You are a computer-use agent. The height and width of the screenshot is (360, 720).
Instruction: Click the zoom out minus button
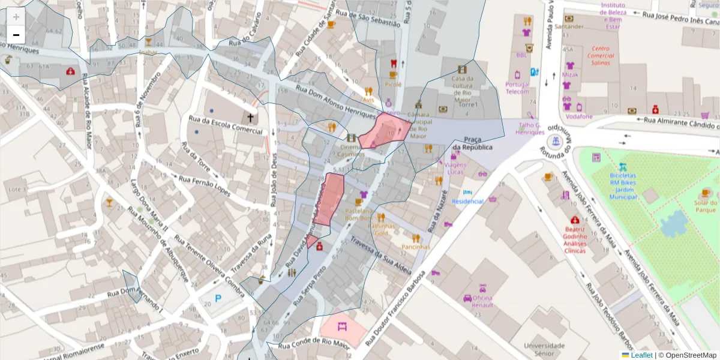click(16, 35)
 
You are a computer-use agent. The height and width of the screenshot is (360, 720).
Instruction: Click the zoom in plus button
click(16, 17)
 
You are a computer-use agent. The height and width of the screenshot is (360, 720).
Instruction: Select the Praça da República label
click(473, 143)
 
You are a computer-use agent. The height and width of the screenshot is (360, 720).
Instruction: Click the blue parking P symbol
click(218, 298)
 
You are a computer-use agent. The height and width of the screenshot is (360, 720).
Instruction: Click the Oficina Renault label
click(482, 301)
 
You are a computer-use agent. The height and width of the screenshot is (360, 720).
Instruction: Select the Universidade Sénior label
click(544, 349)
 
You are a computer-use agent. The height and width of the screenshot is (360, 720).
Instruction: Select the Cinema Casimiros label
click(351, 151)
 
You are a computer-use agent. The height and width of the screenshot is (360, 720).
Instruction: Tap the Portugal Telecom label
click(517, 88)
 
